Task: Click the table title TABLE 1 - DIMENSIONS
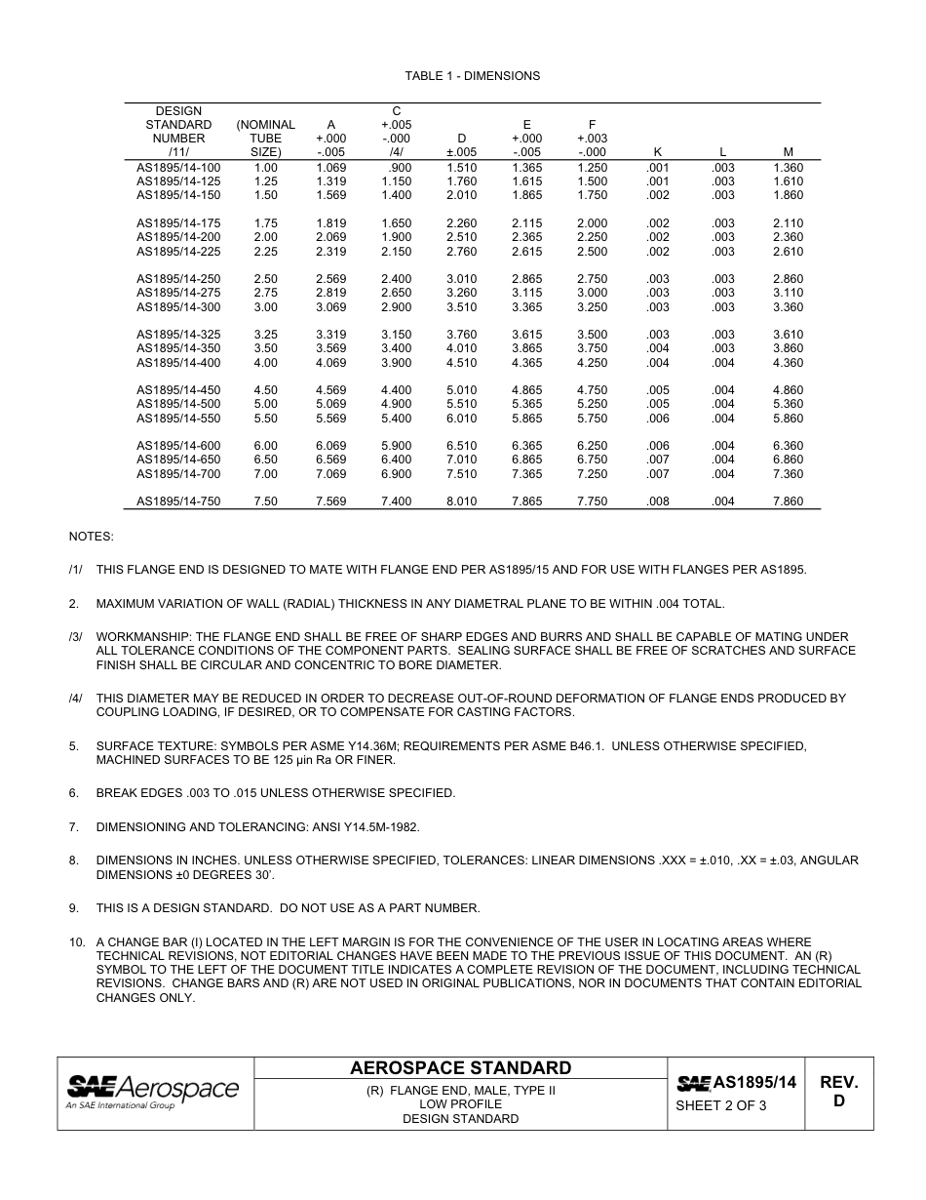472,76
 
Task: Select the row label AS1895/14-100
178,168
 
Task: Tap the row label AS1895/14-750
178,501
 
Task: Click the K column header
657,152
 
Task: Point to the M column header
788,152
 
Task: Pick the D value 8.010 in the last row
461,501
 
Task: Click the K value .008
657,501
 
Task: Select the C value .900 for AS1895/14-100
398,168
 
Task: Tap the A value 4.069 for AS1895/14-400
331,363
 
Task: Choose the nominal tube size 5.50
265,419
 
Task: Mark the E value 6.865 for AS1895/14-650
526,460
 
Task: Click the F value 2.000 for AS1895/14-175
592,223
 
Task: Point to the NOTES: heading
91,537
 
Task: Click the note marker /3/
75,637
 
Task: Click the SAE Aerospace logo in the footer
153,1092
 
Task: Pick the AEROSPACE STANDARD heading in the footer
460,1068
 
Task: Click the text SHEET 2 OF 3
721,1105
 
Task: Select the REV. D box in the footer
838,1092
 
